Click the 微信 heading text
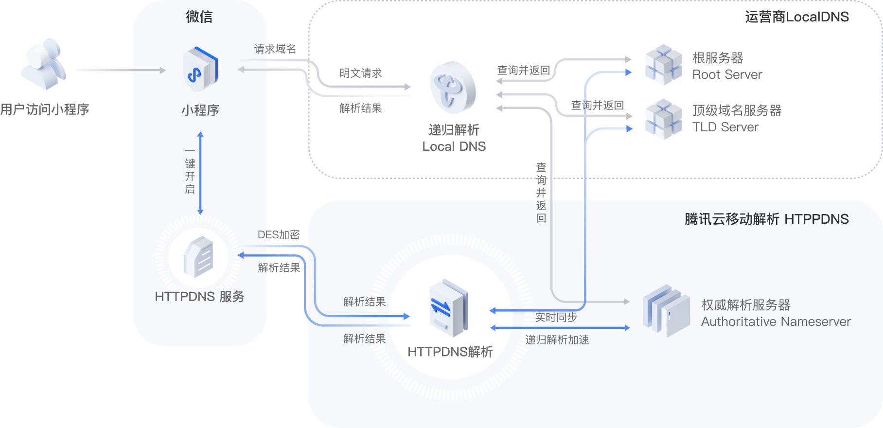[199, 17]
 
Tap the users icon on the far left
[43, 64]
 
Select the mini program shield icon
[200, 69]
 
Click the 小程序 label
[200, 110]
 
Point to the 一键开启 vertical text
[190, 171]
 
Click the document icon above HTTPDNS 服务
[198, 257]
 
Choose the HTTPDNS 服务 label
[199, 297]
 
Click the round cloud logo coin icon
[453, 88]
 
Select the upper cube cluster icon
[663, 65]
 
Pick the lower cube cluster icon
[663, 119]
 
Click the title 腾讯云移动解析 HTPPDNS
[766, 219]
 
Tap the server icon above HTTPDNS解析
[449, 308]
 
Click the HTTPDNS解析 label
[450, 352]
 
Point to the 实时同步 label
[556, 318]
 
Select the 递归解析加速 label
[557, 340]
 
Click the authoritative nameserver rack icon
[666, 311]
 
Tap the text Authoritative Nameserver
[776, 322]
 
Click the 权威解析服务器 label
[746, 305]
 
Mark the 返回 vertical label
[541, 212]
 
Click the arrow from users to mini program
[121, 70]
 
